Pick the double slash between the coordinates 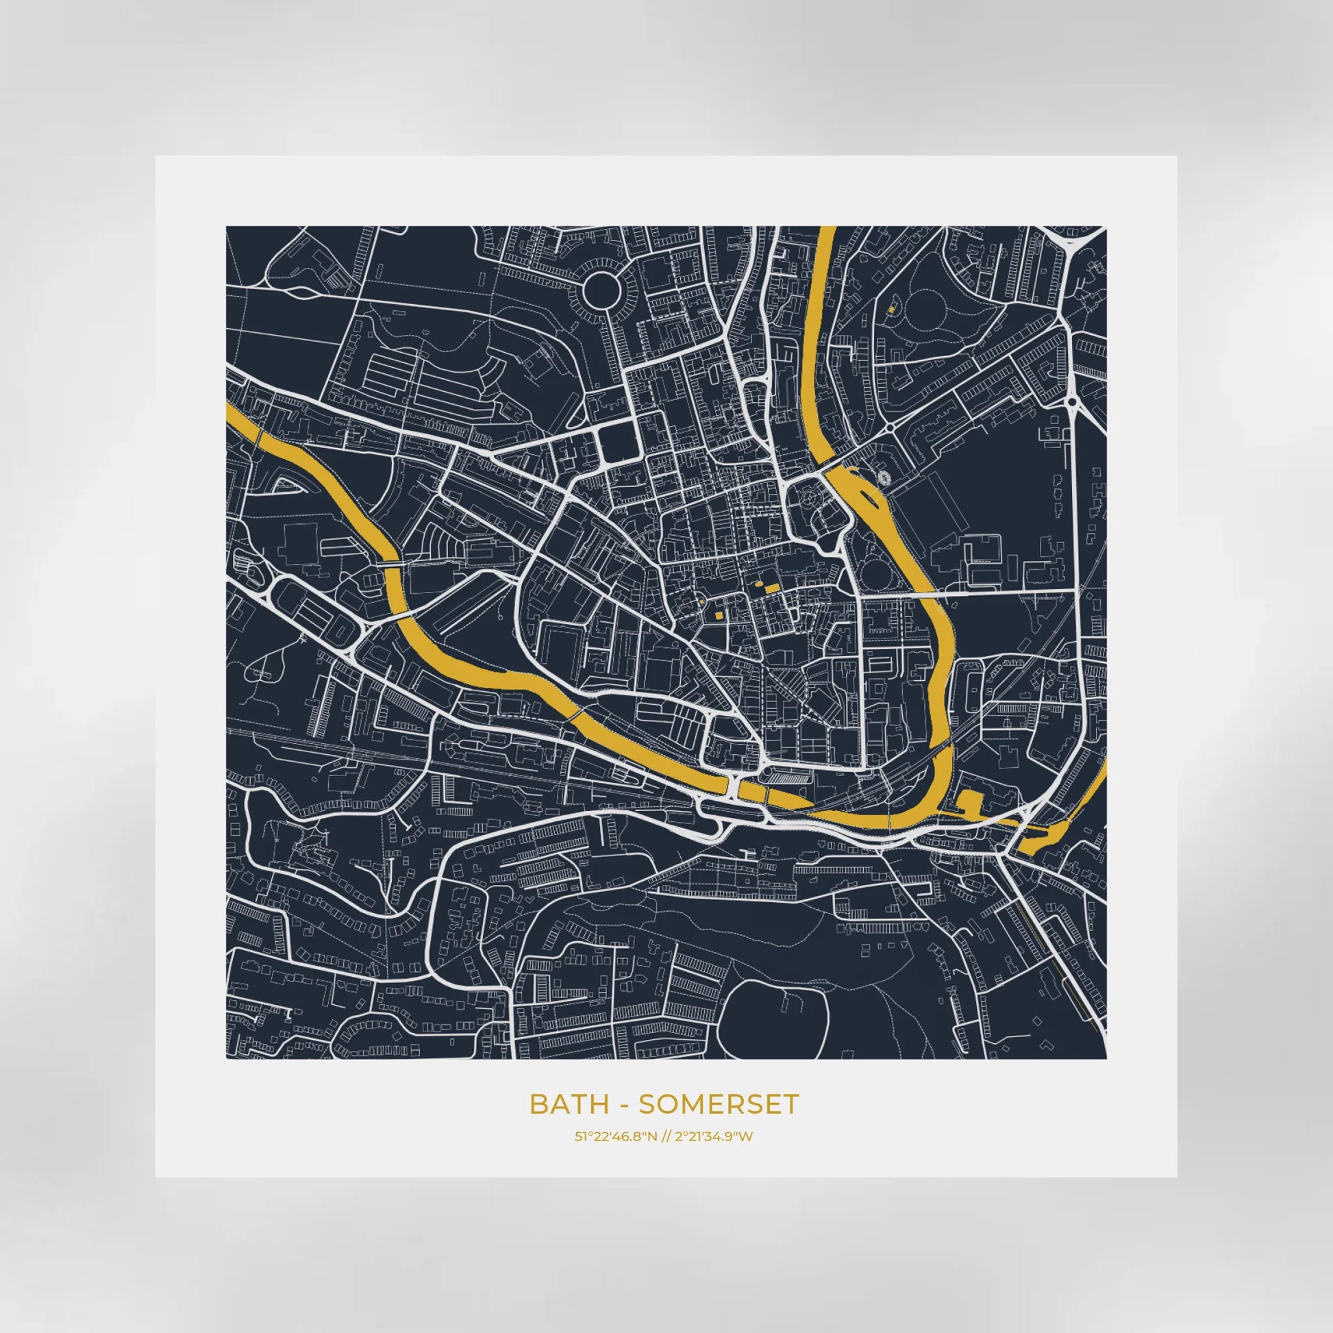664,1136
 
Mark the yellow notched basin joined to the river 969,801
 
